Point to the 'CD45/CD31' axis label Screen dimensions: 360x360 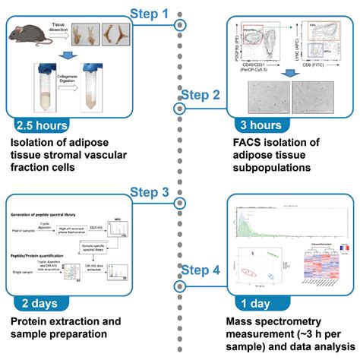click(x=254, y=74)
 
